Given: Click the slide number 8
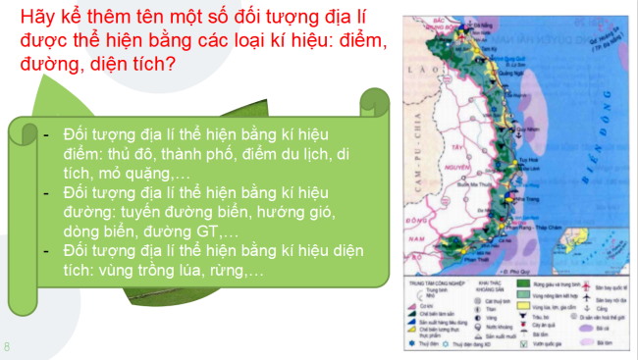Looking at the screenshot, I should (7, 346).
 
